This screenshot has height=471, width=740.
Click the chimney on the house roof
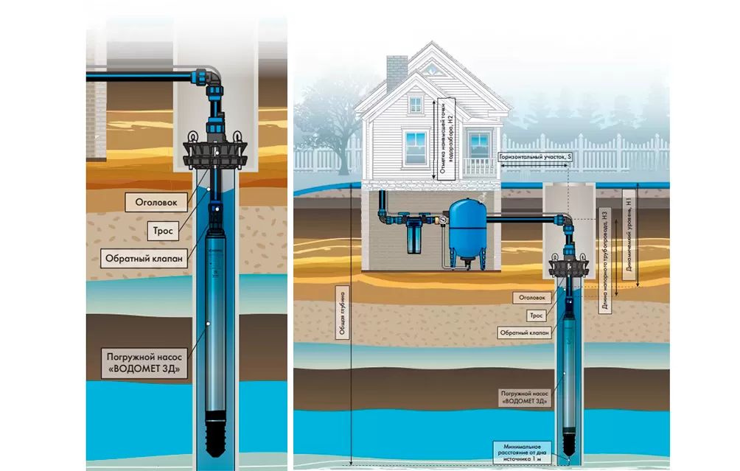tap(397, 71)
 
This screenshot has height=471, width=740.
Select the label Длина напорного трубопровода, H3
tap(604, 262)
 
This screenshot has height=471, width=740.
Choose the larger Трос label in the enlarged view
tap(163, 231)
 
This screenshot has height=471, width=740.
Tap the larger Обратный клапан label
tap(144, 259)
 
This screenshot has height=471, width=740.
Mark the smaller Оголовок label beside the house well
tap(532, 297)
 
